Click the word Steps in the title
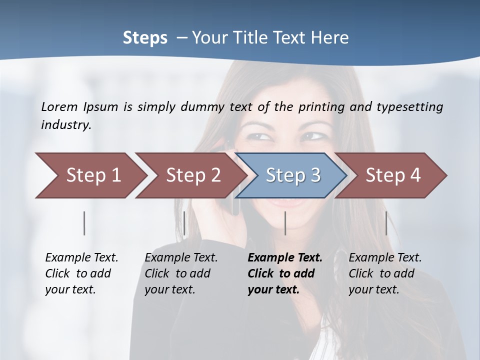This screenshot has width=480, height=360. point(145,37)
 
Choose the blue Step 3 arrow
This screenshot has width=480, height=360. point(293,175)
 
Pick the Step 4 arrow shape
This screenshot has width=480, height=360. point(393,175)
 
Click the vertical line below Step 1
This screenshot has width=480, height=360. point(84,223)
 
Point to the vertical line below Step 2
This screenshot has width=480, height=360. point(184,223)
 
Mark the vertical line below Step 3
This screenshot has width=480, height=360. point(285,223)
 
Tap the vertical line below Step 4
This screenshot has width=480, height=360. point(386,223)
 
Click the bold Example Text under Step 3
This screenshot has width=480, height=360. point(285,258)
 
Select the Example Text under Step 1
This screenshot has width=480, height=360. point(81,258)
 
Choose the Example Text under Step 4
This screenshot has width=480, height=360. point(385,258)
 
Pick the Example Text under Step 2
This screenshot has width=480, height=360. point(181,258)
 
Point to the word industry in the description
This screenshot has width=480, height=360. point(66,124)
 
